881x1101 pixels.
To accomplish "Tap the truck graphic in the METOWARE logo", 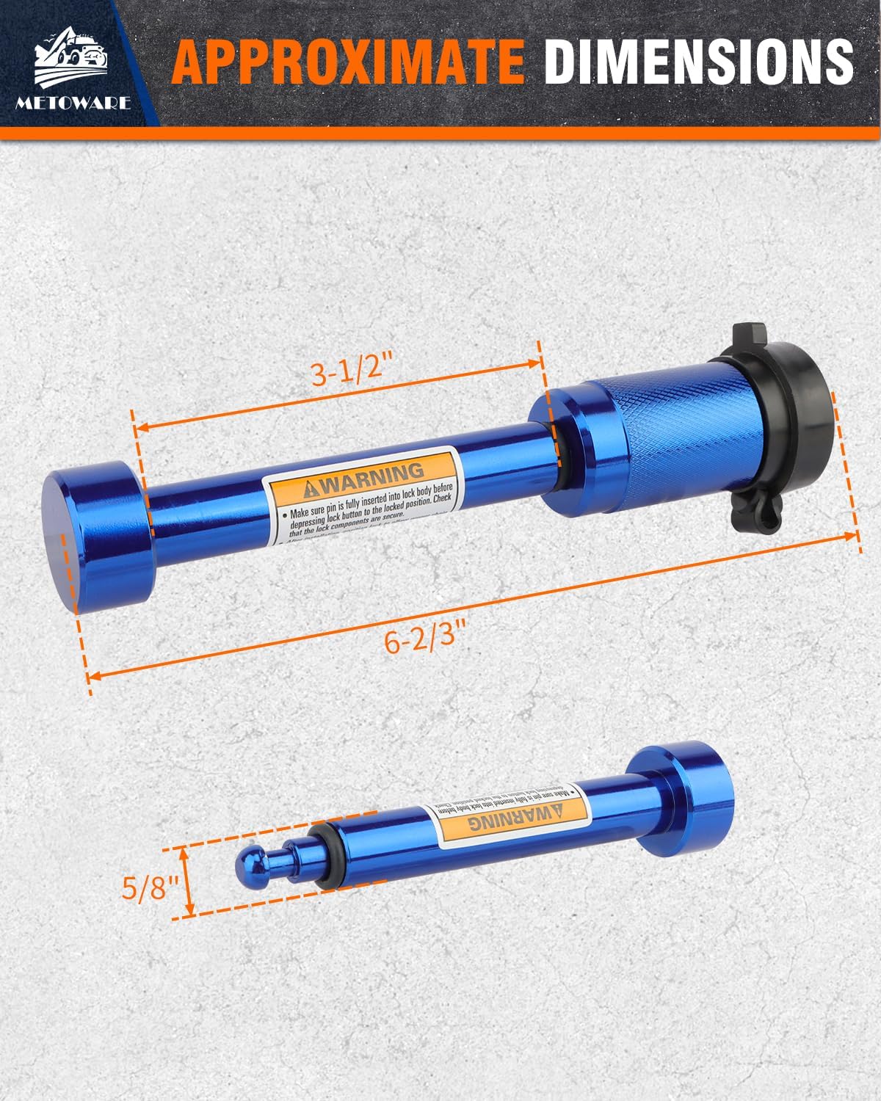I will coord(73,55).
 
